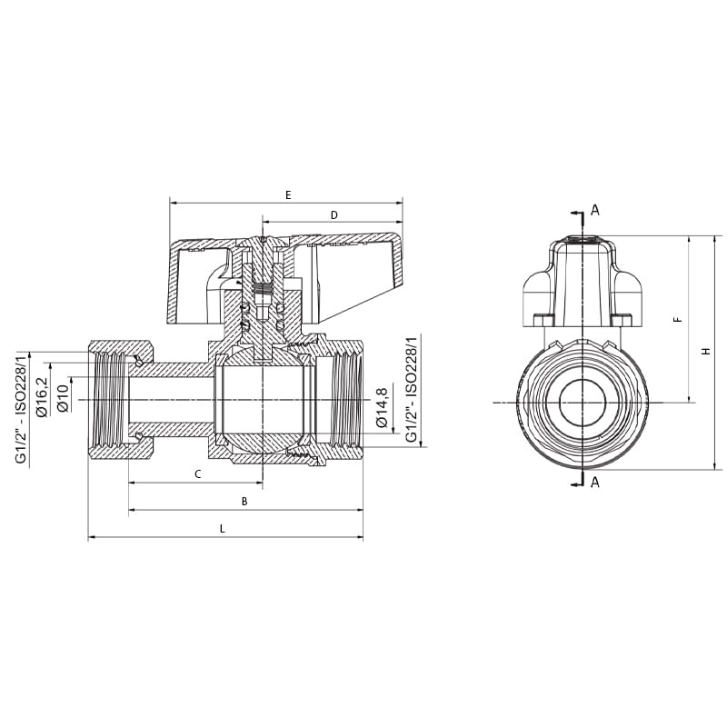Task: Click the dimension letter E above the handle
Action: tap(288, 195)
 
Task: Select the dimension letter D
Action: tap(334, 215)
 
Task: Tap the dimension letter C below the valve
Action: tap(197, 474)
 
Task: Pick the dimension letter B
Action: tap(244, 502)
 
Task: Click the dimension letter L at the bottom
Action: tap(222, 529)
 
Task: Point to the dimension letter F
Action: tap(677, 320)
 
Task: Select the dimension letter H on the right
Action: tap(705, 351)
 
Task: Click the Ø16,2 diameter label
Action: tap(42, 397)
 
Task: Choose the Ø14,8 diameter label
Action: tap(383, 407)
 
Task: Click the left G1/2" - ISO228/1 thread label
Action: tap(21, 406)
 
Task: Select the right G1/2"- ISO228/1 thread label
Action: tap(411, 390)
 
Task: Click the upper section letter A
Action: tap(595, 211)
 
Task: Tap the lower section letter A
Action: tap(595, 483)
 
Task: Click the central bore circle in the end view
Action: tap(583, 401)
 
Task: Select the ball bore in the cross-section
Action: tap(264, 401)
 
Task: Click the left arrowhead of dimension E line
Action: tap(173, 203)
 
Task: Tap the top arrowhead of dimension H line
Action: tap(716, 238)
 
